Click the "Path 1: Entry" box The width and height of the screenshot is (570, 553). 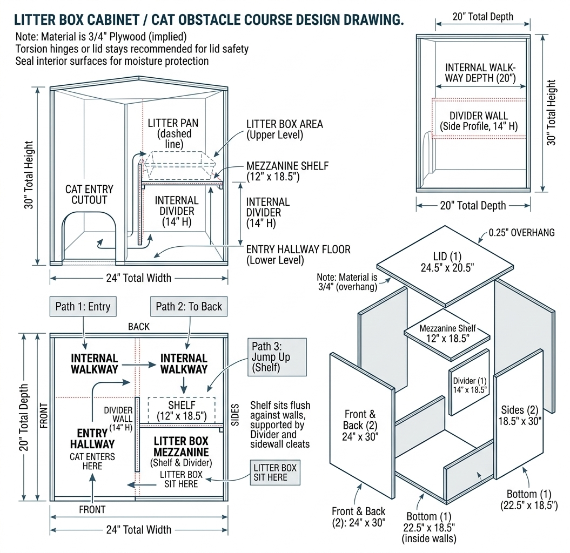tap(83, 307)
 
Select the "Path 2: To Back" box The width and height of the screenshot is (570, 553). tap(189, 307)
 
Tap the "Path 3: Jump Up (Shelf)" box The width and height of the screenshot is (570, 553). tap(277, 358)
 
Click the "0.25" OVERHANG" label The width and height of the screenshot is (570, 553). tap(520, 233)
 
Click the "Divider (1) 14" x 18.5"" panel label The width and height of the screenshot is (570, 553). tap(470, 384)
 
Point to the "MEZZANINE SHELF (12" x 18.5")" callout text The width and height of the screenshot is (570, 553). tap(287, 171)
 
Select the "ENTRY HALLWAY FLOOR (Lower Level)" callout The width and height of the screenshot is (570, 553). tap(298, 254)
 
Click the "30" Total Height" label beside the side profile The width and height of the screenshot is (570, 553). tap(551, 113)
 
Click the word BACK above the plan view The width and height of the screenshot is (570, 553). tap(139, 327)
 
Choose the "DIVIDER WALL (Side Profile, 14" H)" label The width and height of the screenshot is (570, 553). tap(479, 121)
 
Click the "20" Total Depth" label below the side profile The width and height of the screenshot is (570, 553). tap(473, 205)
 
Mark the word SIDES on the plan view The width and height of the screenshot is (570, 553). tap(235, 414)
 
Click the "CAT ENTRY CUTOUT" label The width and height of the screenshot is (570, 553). tap(89, 194)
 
